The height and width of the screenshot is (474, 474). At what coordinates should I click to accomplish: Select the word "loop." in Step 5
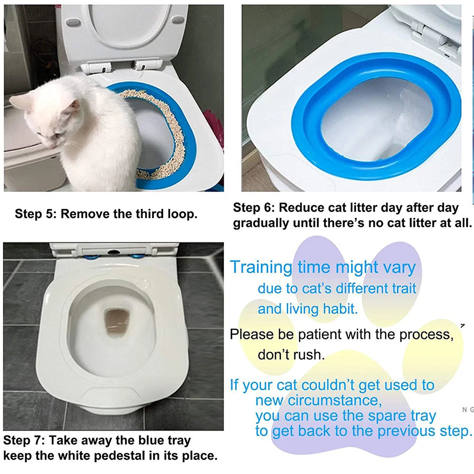182,214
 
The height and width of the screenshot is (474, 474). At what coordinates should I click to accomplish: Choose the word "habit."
340,309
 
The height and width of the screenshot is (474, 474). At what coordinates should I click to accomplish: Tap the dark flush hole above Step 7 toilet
113,252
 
